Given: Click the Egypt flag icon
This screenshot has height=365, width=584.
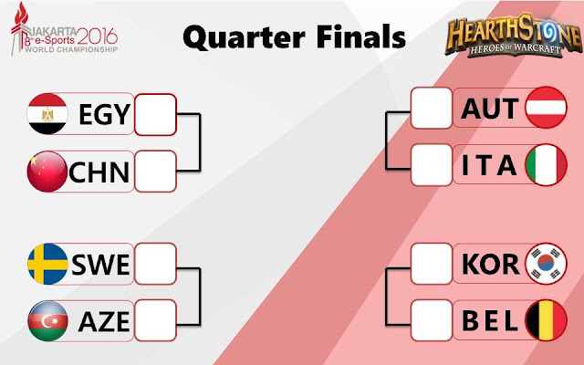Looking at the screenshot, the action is [x=47, y=113].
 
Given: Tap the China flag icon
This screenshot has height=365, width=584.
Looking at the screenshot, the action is [x=47, y=172].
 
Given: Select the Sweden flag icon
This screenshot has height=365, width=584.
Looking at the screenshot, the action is [x=48, y=264].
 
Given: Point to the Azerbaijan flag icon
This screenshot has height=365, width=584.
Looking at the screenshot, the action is [x=48, y=321].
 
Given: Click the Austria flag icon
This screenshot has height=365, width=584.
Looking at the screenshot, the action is [x=546, y=108].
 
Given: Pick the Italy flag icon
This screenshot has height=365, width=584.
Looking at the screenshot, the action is [x=546, y=164].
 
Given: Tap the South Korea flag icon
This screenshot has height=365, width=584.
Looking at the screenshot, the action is [x=546, y=264].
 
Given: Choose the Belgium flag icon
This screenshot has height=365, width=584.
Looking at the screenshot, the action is [x=546, y=320].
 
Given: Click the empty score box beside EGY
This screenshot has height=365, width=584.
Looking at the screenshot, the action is [x=155, y=114].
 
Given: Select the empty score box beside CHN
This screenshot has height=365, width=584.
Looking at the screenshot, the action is [x=155, y=172].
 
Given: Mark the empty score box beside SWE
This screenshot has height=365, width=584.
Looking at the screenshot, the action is [x=155, y=264].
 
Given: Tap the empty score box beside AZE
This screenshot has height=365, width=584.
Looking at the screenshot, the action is [x=155, y=320].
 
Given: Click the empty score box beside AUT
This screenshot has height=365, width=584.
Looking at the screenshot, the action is [x=432, y=108].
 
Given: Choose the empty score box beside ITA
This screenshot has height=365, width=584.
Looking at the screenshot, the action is [x=432, y=165].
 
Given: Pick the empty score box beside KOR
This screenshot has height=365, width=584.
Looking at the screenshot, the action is [x=432, y=264].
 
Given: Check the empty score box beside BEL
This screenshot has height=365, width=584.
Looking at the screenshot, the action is [x=432, y=320].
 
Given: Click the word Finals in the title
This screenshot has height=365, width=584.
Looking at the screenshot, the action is [x=361, y=36].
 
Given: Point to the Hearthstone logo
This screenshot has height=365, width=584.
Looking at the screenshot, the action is [x=514, y=35].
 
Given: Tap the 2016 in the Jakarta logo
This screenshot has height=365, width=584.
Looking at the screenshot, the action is [x=98, y=36].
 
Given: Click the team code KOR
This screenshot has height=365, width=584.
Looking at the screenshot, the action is [x=490, y=264].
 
